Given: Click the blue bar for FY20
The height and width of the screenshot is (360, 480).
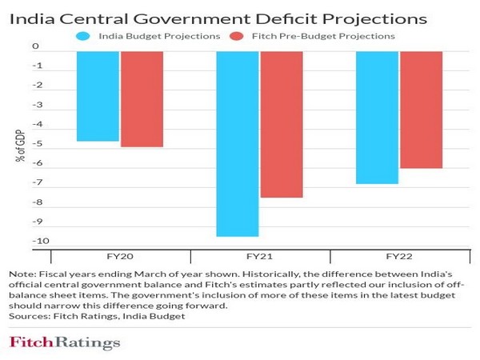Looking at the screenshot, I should click(x=98, y=96).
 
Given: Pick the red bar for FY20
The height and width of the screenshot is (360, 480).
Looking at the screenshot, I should click(x=141, y=99).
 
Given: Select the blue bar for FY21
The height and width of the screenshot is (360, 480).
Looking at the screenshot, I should click(x=238, y=143).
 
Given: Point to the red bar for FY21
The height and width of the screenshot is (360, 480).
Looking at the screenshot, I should click(x=281, y=124).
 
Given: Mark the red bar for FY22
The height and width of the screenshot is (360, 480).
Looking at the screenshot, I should click(x=421, y=110).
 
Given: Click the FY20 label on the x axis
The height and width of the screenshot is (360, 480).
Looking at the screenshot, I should click(x=120, y=257).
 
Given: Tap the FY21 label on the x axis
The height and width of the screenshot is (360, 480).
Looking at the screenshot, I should click(x=259, y=257).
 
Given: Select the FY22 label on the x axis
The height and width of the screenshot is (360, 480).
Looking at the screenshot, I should click(x=399, y=257).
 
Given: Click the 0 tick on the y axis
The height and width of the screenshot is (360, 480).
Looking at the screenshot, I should click(x=36, y=47).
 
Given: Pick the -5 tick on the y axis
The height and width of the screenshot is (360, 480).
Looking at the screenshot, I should click(x=36, y=144).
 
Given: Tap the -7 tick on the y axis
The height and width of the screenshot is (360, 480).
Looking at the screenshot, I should click(x=36, y=183).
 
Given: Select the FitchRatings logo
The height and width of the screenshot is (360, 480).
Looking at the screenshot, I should click(x=65, y=343).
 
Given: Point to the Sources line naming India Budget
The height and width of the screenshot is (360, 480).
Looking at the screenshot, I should click(x=97, y=316).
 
